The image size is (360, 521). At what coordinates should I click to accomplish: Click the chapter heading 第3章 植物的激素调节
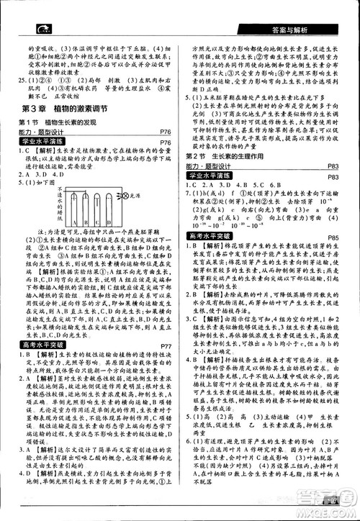65,109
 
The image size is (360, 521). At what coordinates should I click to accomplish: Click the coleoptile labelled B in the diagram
89,216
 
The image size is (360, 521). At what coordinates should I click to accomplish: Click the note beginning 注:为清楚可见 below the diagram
94,247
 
